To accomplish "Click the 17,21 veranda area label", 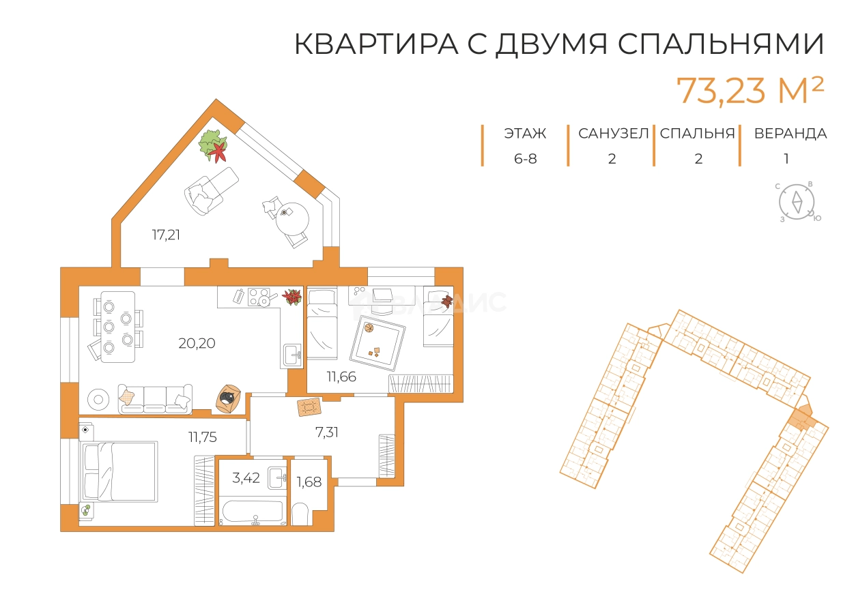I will [166, 235].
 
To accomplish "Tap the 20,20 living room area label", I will [197, 343].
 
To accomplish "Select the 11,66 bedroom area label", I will [341, 376].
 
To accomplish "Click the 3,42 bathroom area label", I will [246, 477].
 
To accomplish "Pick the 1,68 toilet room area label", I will [308, 482].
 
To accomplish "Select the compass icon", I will [797, 202].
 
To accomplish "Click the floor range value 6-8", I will [525, 159].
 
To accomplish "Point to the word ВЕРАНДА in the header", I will [790, 134].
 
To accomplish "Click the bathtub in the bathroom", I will [253, 512].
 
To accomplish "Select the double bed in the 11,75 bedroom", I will [119, 471].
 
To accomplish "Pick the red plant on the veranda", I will [218, 151].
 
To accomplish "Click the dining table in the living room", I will [117, 327].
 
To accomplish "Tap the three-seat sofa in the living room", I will [155, 398].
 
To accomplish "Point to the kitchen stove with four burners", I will [259, 297].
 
